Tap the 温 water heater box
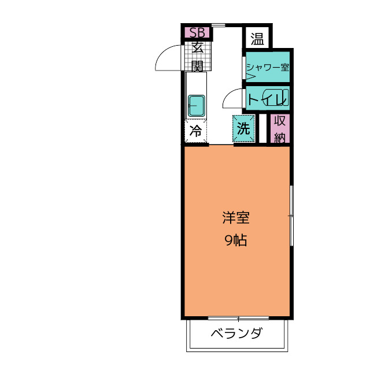257,39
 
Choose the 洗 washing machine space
243,129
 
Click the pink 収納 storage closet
280,129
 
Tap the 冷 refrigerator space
196,131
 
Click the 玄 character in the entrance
197,47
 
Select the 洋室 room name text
236,219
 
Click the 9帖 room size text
236,241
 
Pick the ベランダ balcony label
236,334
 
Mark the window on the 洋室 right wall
291,215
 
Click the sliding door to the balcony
238,317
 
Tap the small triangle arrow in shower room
250,77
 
